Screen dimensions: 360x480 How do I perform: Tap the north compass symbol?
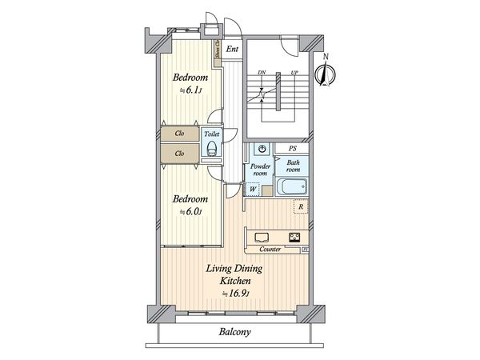324,75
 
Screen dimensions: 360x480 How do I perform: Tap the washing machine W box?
253,190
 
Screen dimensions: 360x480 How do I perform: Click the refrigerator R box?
299,207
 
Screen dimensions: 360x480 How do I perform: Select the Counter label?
270,249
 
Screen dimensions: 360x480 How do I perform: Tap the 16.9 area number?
238,295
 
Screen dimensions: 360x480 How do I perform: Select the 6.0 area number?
193,212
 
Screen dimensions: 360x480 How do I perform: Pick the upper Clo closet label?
180,134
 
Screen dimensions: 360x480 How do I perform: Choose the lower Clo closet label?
180,153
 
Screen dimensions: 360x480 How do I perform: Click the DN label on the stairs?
262,73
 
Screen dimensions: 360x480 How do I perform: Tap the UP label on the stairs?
295,73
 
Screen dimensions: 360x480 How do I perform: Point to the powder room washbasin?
262,150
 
